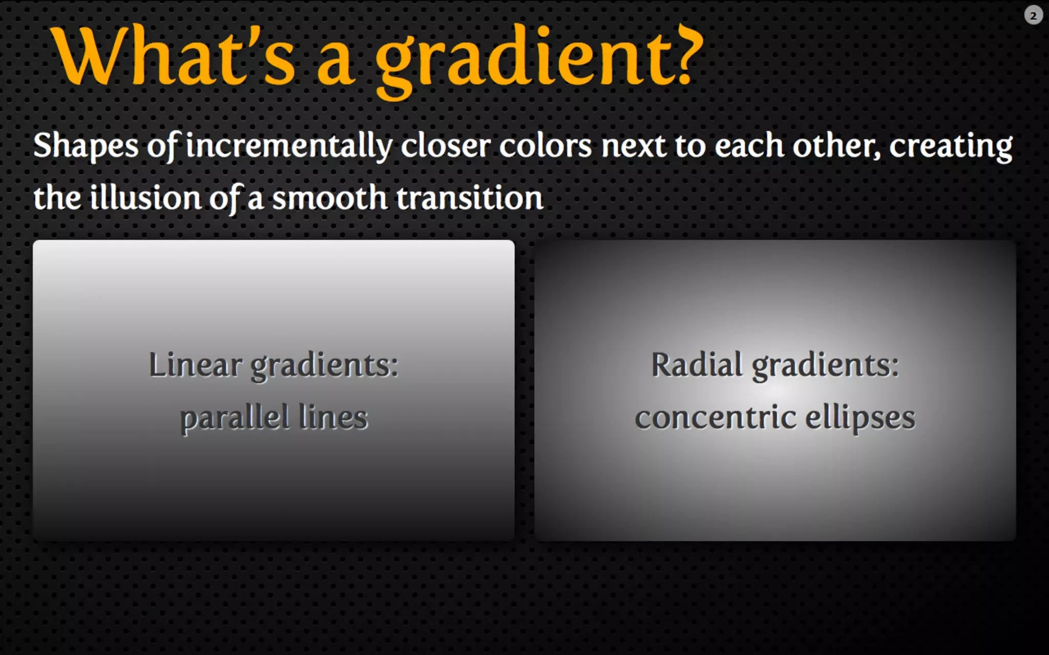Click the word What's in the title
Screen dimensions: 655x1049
[174, 56]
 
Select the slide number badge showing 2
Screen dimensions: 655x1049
[1033, 16]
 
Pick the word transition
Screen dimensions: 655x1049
[470, 199]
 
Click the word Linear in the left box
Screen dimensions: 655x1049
[195, 365]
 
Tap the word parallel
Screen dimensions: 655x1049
[235, 419]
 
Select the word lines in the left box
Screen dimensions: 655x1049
[333, 418]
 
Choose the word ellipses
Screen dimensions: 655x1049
[860, 419]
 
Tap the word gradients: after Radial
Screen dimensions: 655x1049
[825, 366]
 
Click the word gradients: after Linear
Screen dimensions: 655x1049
[324, 366]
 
